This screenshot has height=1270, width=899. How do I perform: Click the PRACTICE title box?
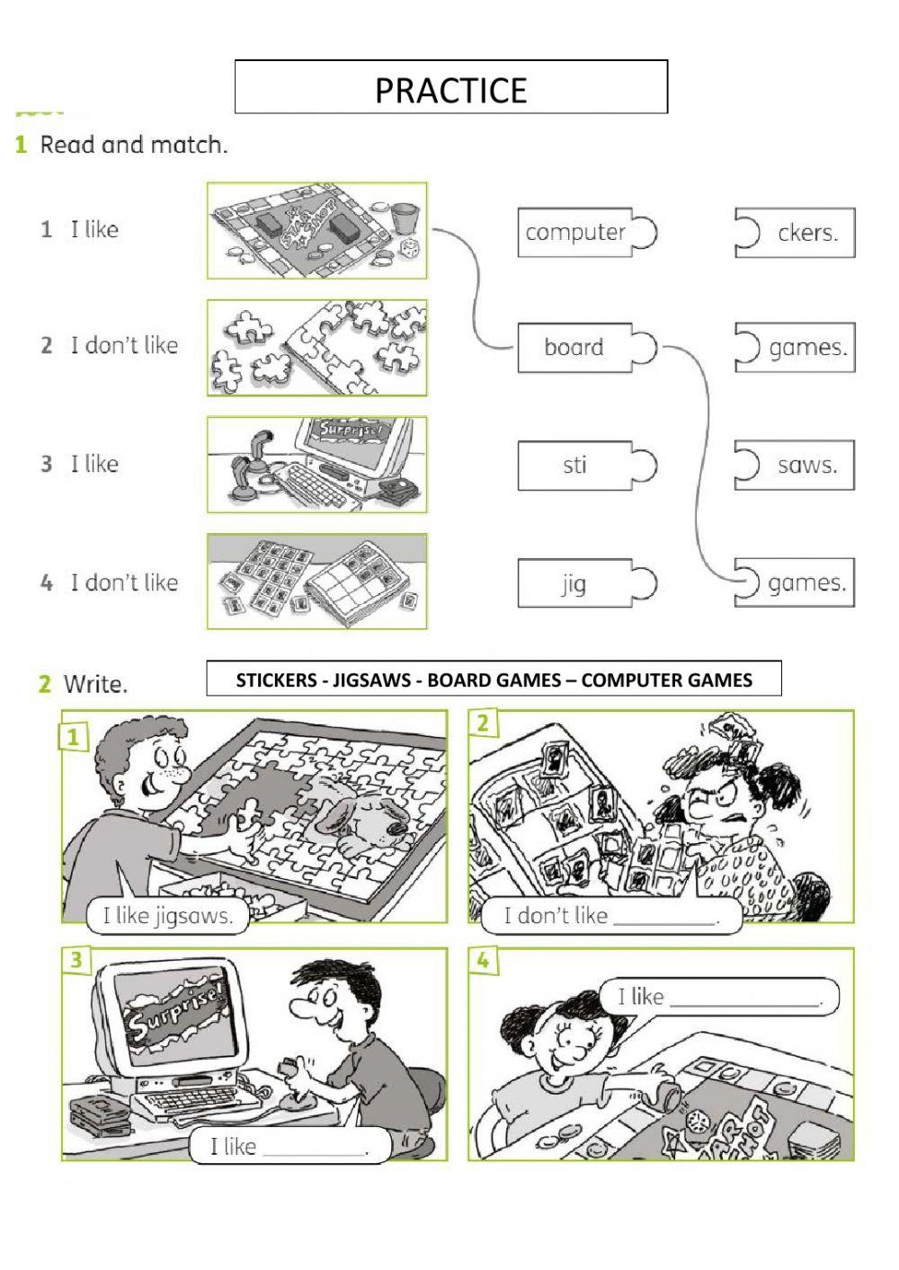pyautogui.click(x=450, y=87)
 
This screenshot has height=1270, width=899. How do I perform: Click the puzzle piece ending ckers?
pyautogui.click(x=796, y=233)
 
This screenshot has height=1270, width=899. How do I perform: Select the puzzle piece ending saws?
pyautogui.click(x=796, y=466)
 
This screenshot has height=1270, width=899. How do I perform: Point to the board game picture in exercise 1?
pyautogui.click(x=316, y=231)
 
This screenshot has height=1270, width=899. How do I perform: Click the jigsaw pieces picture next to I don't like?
pyautogui.click(x=316, y=348)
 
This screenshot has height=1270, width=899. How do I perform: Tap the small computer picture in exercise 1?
pyautogui.click(x=316, y=465)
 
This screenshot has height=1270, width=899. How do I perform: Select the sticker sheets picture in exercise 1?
pyautogui.click(x=316, y=582)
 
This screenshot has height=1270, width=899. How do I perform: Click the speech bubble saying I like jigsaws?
pyautogui.click(x=167, y=916)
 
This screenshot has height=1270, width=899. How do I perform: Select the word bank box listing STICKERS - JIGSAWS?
pyautogui.click(x=494, y=679)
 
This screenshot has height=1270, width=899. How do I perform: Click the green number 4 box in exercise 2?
pyautogui.click(x=483, y=961)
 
